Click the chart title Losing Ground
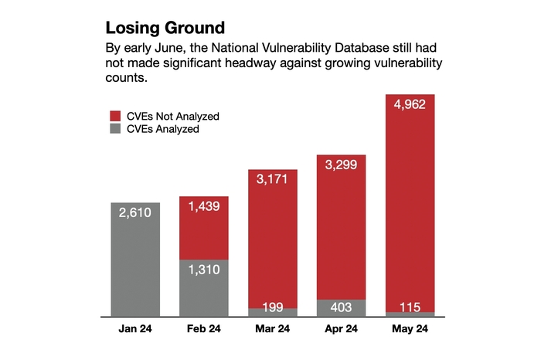pyautogui.click(x=165, y=29)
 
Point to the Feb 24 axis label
pyautogui.click(x=205, y=328)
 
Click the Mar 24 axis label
pyautogui.click(x=273, y=328)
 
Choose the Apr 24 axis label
pyautogui.click(x=341, y=328)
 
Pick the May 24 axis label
pyautogui.click(x=410, y=328)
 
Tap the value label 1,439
pyautogui.click(x=205, y=208)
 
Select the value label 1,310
pyautogui.click(x=205, y=270)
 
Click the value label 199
pyautogui.click(x=273, y=307)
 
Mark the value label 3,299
pyautogui.click(x=341, y=166)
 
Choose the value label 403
pyautogui.click(x=341, y=307)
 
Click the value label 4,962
pyautogui.click(x=410, y=106)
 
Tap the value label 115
pyautogui.click(x=410, y=307)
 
